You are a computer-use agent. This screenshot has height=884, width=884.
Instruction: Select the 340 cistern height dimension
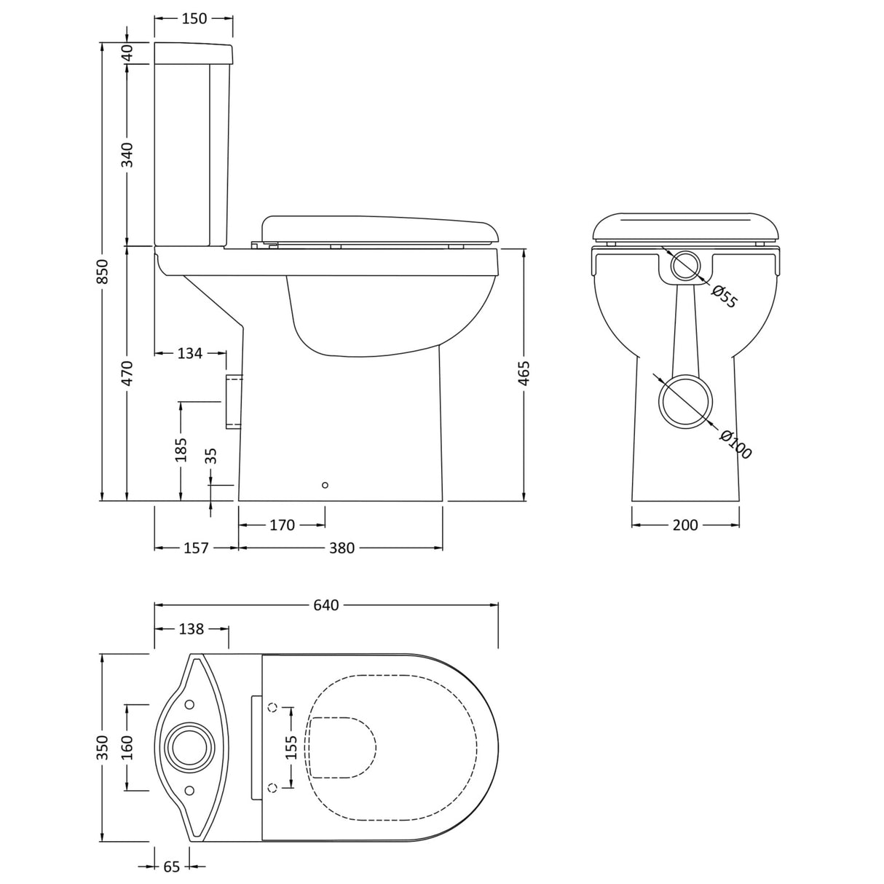(127, 155)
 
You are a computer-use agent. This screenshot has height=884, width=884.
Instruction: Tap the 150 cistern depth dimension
(194, 19)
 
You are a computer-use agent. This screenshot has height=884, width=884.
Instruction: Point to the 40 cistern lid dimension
(127, 53)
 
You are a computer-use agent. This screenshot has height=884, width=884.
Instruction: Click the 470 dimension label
(127, 373)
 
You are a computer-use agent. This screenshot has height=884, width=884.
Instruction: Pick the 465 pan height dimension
(524, 373)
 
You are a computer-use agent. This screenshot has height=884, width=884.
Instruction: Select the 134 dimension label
(189, 353)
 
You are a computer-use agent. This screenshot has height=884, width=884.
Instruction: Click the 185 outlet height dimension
(181, 449)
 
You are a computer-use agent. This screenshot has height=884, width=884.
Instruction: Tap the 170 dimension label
(282, 525)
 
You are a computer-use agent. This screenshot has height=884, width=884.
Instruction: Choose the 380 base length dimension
(341, 548)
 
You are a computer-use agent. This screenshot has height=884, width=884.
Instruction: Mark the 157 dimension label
(196, 548)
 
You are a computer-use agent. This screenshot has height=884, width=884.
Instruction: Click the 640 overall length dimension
(326, 605)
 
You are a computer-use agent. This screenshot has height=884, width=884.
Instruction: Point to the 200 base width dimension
(685, 525)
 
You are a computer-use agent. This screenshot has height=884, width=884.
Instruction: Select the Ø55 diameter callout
(724, 296)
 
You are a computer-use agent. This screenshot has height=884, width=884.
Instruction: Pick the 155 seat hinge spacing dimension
(290, 747)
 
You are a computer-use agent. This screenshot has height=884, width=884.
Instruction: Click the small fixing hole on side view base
(325, 485)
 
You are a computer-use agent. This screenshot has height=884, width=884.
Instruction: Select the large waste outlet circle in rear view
(684, 400)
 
